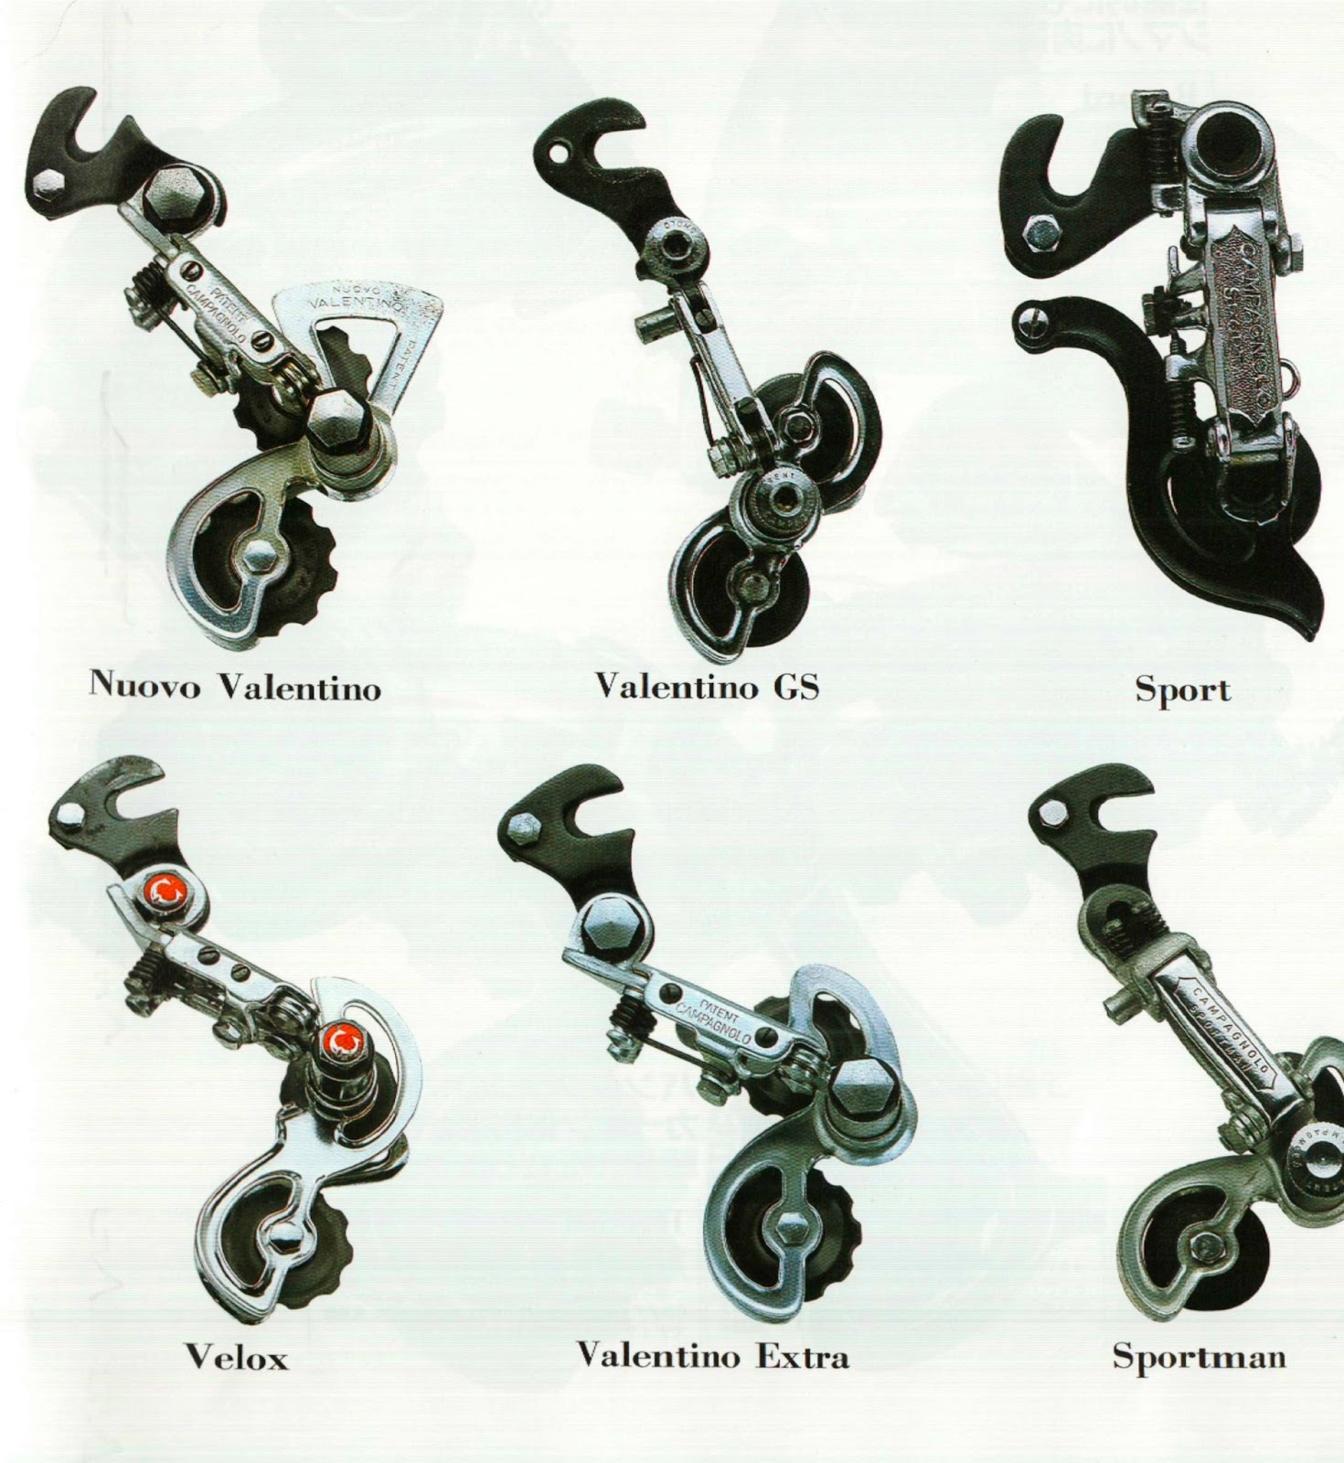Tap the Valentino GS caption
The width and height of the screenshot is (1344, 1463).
pyautogui.click(x=706, y=687)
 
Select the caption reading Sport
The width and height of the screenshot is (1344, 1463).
pyautogui.click(x=1183, y=689)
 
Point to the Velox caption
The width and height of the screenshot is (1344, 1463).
pyautogui.click(x=237, y=1356)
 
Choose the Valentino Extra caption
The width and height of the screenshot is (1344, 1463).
pyautogui.click(x=712, y=1354)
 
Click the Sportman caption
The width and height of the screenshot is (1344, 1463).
pyautogui.click(x=1199, y=1356)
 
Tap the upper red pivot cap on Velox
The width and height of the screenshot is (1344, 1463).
pyautogui.click(x=167, y=892)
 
